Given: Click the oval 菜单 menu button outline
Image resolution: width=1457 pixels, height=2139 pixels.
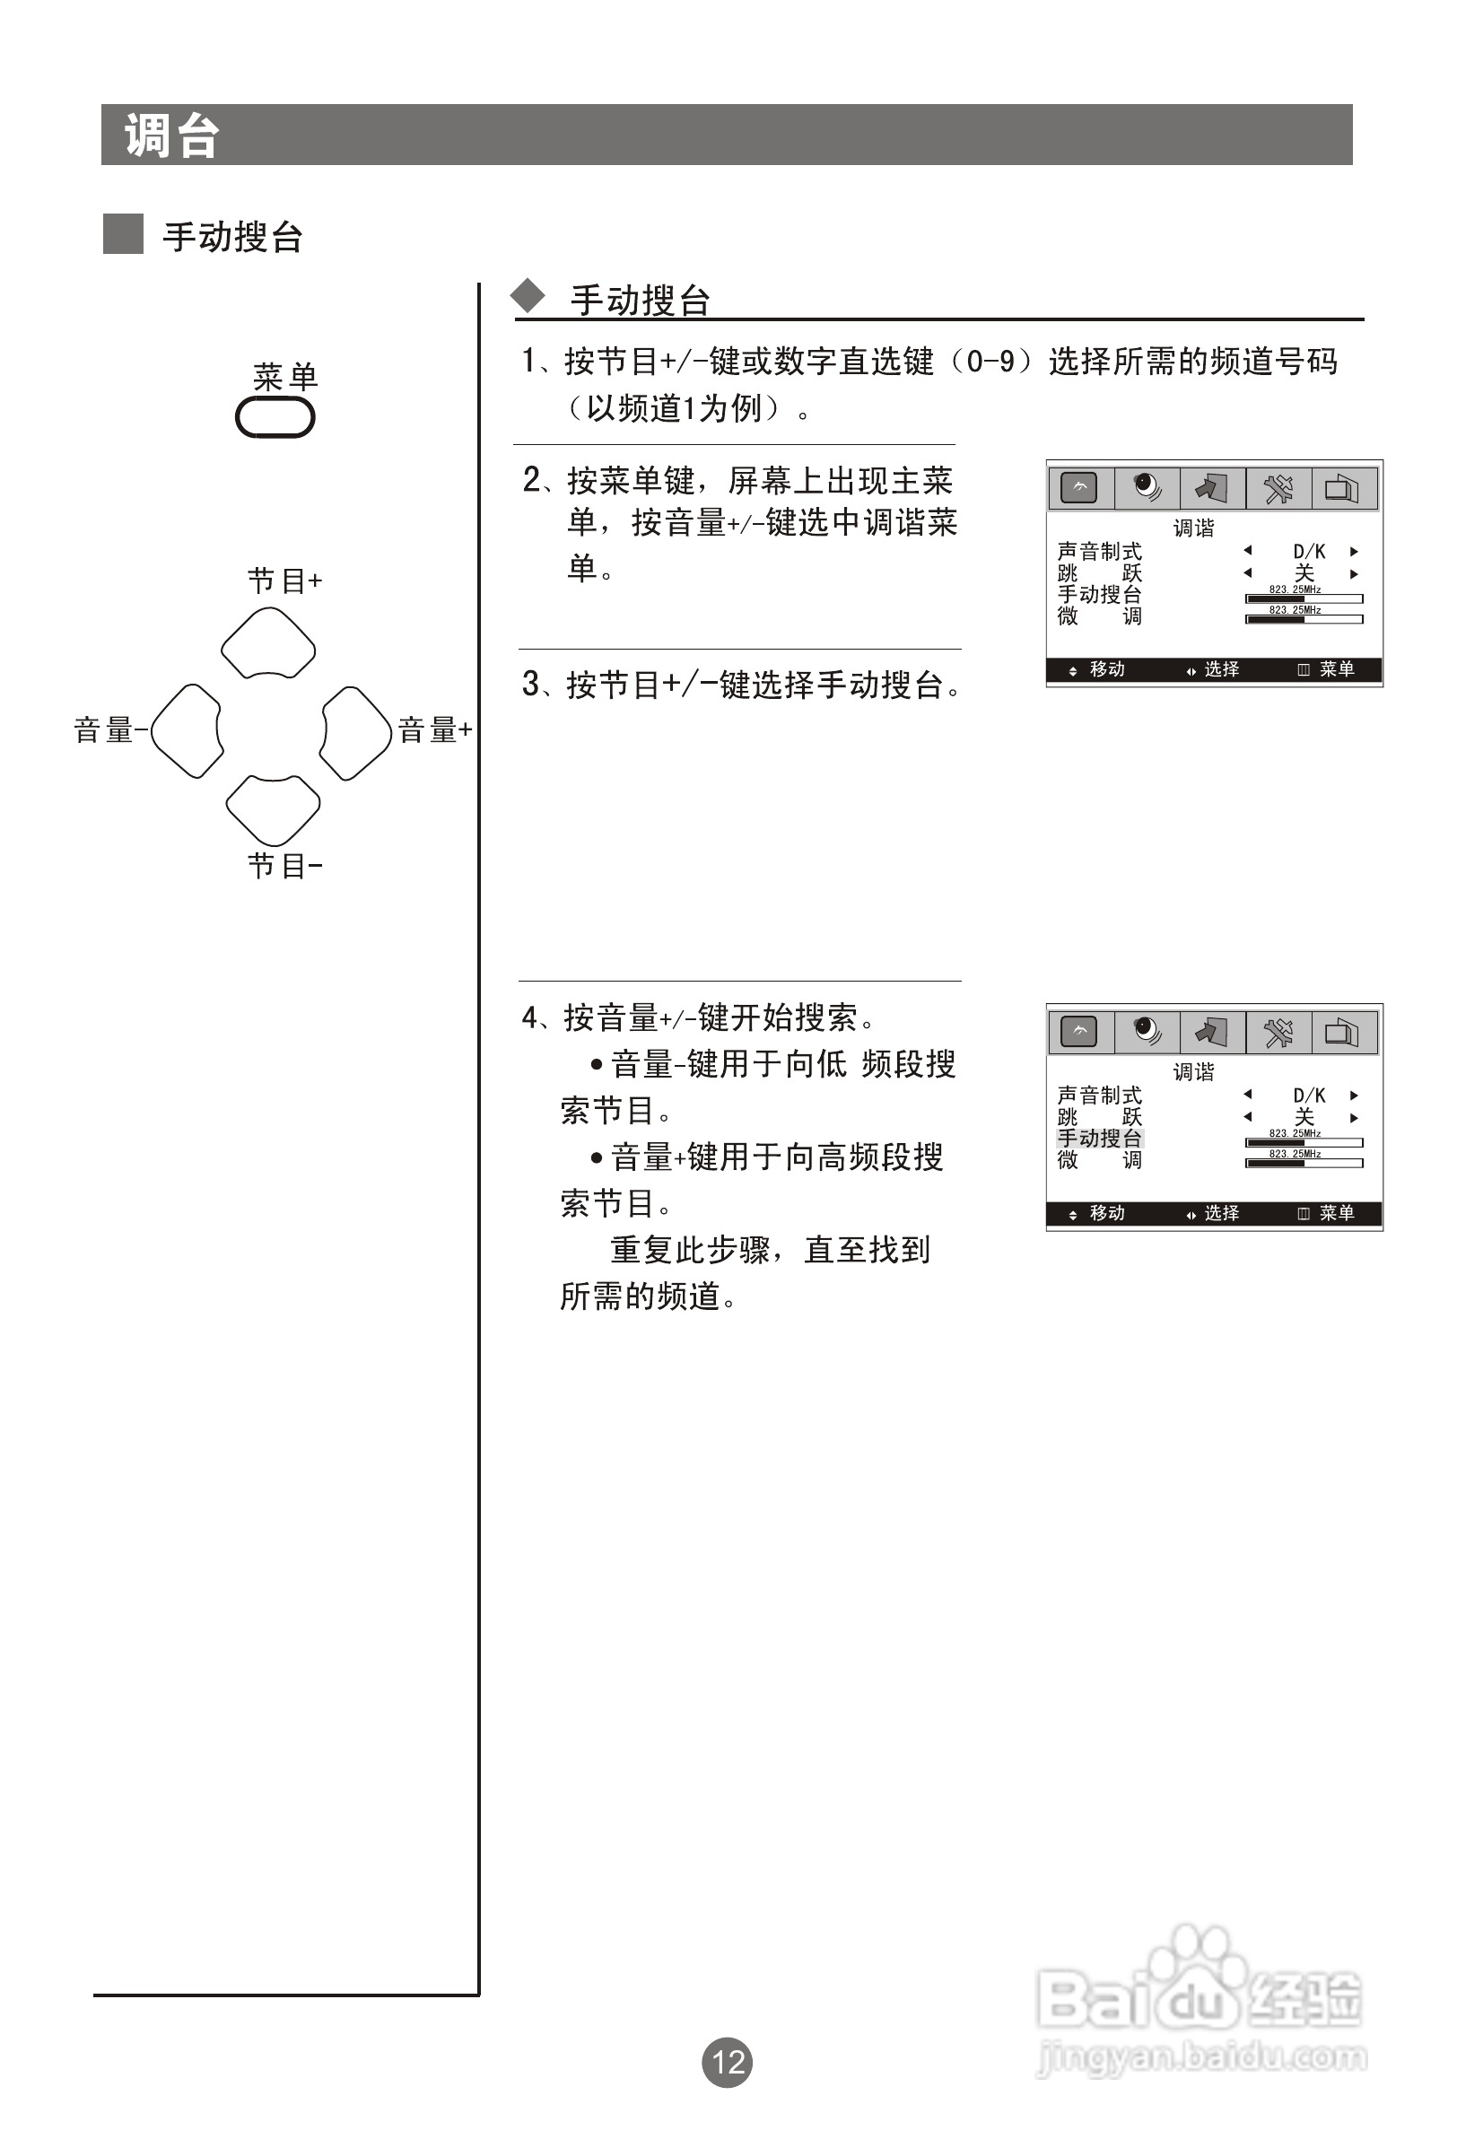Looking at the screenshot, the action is click(275, 418).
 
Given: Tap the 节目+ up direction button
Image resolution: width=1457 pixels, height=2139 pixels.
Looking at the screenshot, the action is click(268, 642).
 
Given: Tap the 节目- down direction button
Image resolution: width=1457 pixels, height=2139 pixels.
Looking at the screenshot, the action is click(273, 809).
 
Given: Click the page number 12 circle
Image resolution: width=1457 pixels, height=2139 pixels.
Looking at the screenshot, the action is click(727, 2062).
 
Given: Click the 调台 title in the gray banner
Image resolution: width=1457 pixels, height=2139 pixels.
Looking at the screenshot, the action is click(171, 136).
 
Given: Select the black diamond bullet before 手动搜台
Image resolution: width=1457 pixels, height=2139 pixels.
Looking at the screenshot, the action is click(528, 296).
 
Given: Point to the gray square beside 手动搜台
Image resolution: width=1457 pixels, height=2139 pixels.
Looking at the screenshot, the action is click(122, 234).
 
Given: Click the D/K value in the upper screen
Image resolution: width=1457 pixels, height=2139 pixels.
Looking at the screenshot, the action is click(1308, 551).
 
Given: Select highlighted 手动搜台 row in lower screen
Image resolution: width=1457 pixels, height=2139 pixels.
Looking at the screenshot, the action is click(1099, 1139).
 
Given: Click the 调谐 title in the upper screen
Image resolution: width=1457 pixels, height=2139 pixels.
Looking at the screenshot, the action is click(1193, 528).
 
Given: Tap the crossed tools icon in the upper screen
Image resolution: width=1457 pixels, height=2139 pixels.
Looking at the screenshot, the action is click(1278, 489).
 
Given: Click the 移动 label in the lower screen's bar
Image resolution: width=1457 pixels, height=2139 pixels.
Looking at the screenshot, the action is click(1106, 1213).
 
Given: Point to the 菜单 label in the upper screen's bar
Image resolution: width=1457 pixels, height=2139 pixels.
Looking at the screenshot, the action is click(1336, 669).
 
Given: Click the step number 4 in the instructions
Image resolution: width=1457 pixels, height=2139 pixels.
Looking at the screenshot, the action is click(530, 1018).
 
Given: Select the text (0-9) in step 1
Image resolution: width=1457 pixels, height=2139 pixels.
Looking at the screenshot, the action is click(990, 362).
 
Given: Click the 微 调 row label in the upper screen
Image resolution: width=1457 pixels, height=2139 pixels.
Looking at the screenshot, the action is click(1099, 616).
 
